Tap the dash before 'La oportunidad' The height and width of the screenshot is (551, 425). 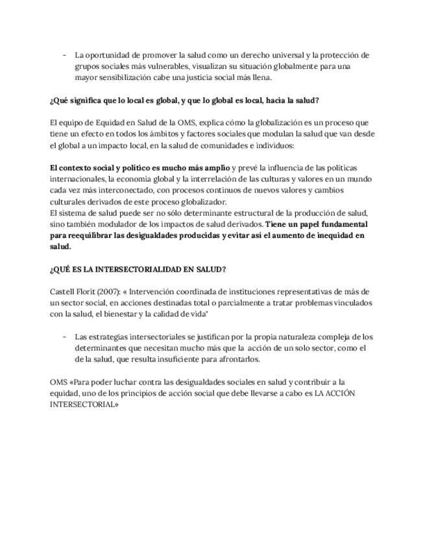64,55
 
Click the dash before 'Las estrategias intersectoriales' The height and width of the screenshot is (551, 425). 64,337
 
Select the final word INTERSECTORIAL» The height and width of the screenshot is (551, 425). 84,404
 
